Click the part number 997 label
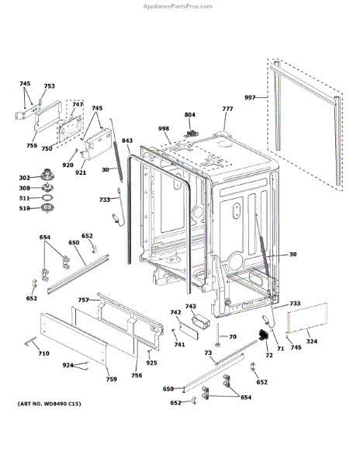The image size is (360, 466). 250,98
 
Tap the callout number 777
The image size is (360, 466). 227,109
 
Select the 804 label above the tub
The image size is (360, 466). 189,115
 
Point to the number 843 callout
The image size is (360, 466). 127,141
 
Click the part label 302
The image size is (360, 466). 24,178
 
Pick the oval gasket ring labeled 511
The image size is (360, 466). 47,197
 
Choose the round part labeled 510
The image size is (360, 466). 47,208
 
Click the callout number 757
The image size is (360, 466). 83,300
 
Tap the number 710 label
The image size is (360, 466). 44,353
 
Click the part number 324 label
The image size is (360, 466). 312,341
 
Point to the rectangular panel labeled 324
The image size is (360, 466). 307,318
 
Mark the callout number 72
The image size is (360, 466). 269,355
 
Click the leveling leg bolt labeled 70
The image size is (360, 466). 217,335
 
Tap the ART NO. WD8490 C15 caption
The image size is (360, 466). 49,404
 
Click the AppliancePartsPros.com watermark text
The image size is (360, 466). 178,6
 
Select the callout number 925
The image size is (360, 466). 151,363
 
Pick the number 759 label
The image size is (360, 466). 111,379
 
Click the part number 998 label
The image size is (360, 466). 164,128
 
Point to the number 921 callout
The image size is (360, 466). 81,172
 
